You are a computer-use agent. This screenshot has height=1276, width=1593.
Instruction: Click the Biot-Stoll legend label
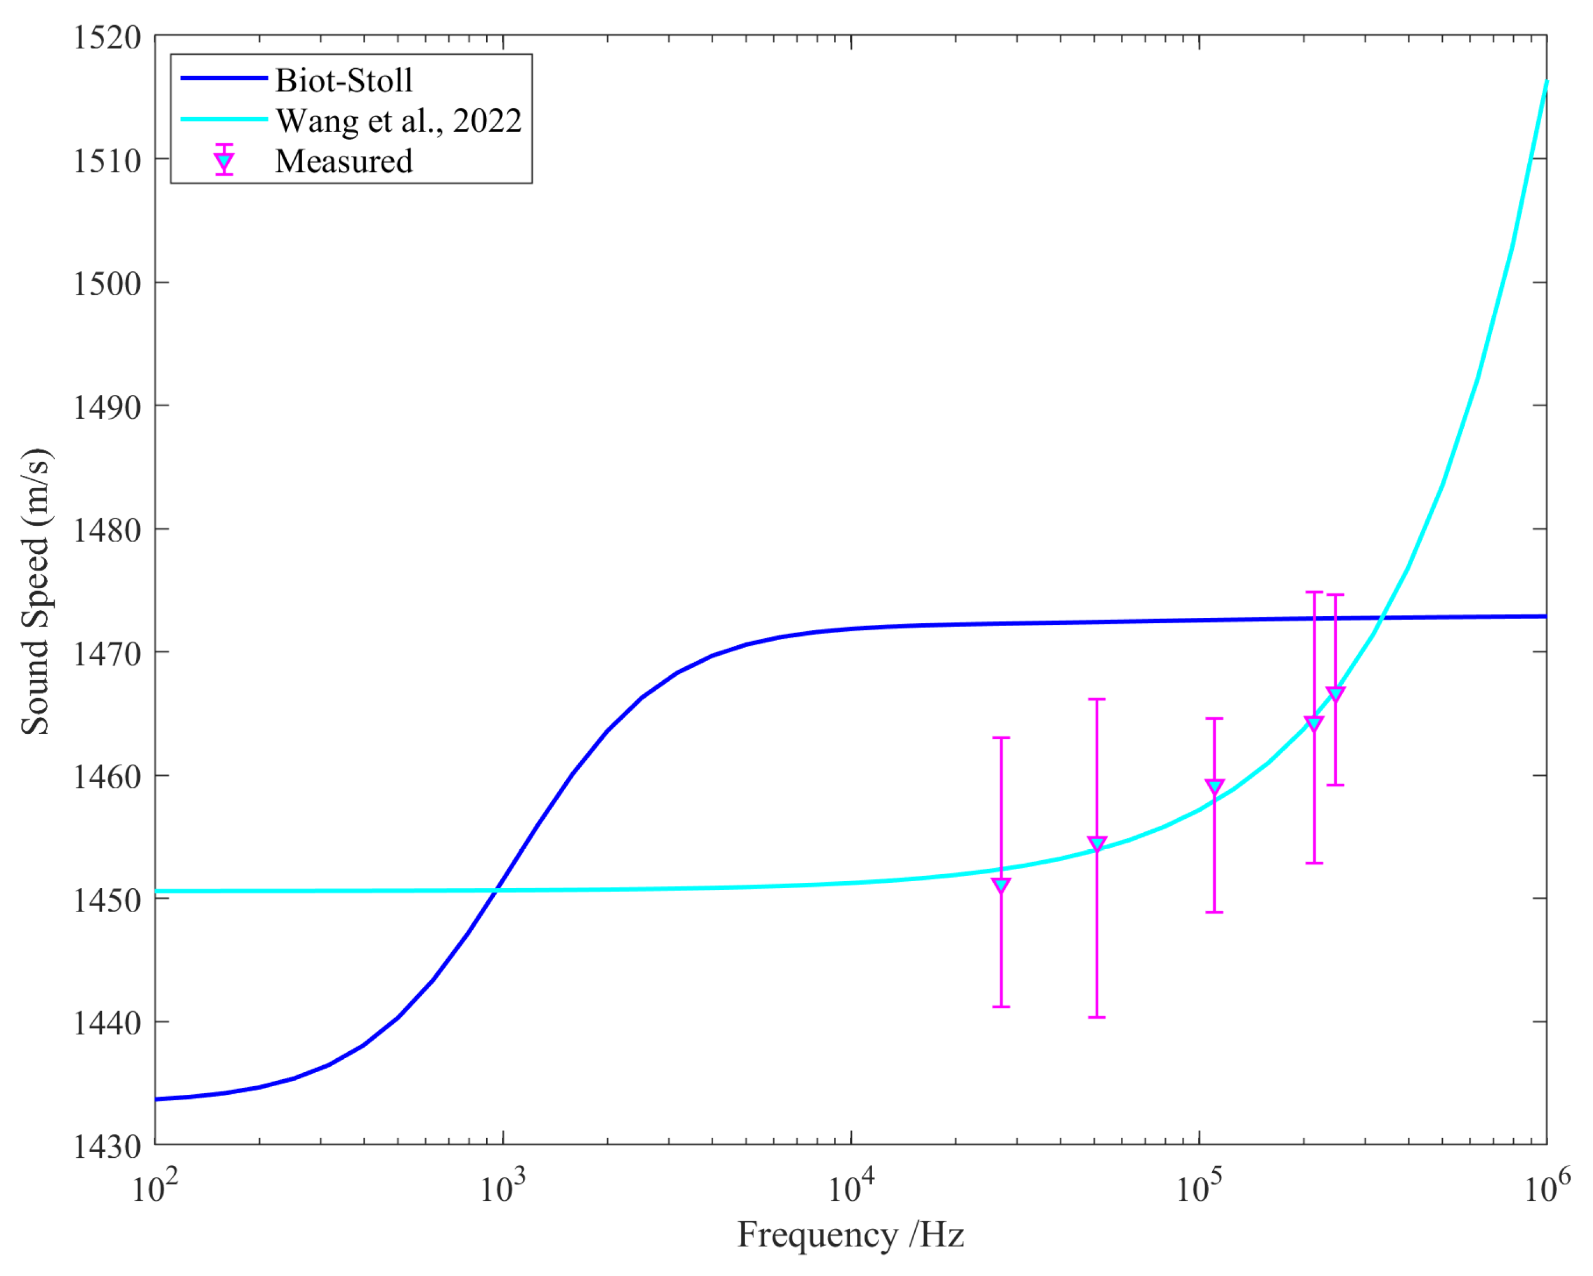pos(344,80)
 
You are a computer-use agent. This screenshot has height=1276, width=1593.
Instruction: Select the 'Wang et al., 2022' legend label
pos(399,121)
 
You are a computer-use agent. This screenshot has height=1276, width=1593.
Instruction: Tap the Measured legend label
pos(344,161)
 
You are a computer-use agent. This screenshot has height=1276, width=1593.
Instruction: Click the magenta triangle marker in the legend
pos(224,162)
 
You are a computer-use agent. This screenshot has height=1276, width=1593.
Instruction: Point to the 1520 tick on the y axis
pos(107,37)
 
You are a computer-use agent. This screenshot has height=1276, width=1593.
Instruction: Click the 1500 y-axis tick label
pos(107,284)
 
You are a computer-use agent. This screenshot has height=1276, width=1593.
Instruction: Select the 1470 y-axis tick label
pos(107,654)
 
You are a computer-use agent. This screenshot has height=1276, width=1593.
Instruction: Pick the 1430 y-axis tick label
pos(107,1147)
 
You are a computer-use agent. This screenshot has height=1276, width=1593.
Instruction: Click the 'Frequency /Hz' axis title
pos(851,1235)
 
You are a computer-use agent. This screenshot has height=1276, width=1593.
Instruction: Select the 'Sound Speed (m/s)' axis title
pos(36,591)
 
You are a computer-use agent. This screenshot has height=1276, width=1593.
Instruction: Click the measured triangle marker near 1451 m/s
pos(1001,886)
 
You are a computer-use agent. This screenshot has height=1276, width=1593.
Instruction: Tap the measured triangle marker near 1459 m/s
pos(1215,787)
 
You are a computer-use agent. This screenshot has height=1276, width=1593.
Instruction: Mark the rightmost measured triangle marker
pos(1335,695)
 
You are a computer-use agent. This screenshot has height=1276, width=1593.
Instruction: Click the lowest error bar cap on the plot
pos(1097,1017)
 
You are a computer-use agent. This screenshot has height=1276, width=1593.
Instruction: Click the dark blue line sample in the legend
pos(224,78)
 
